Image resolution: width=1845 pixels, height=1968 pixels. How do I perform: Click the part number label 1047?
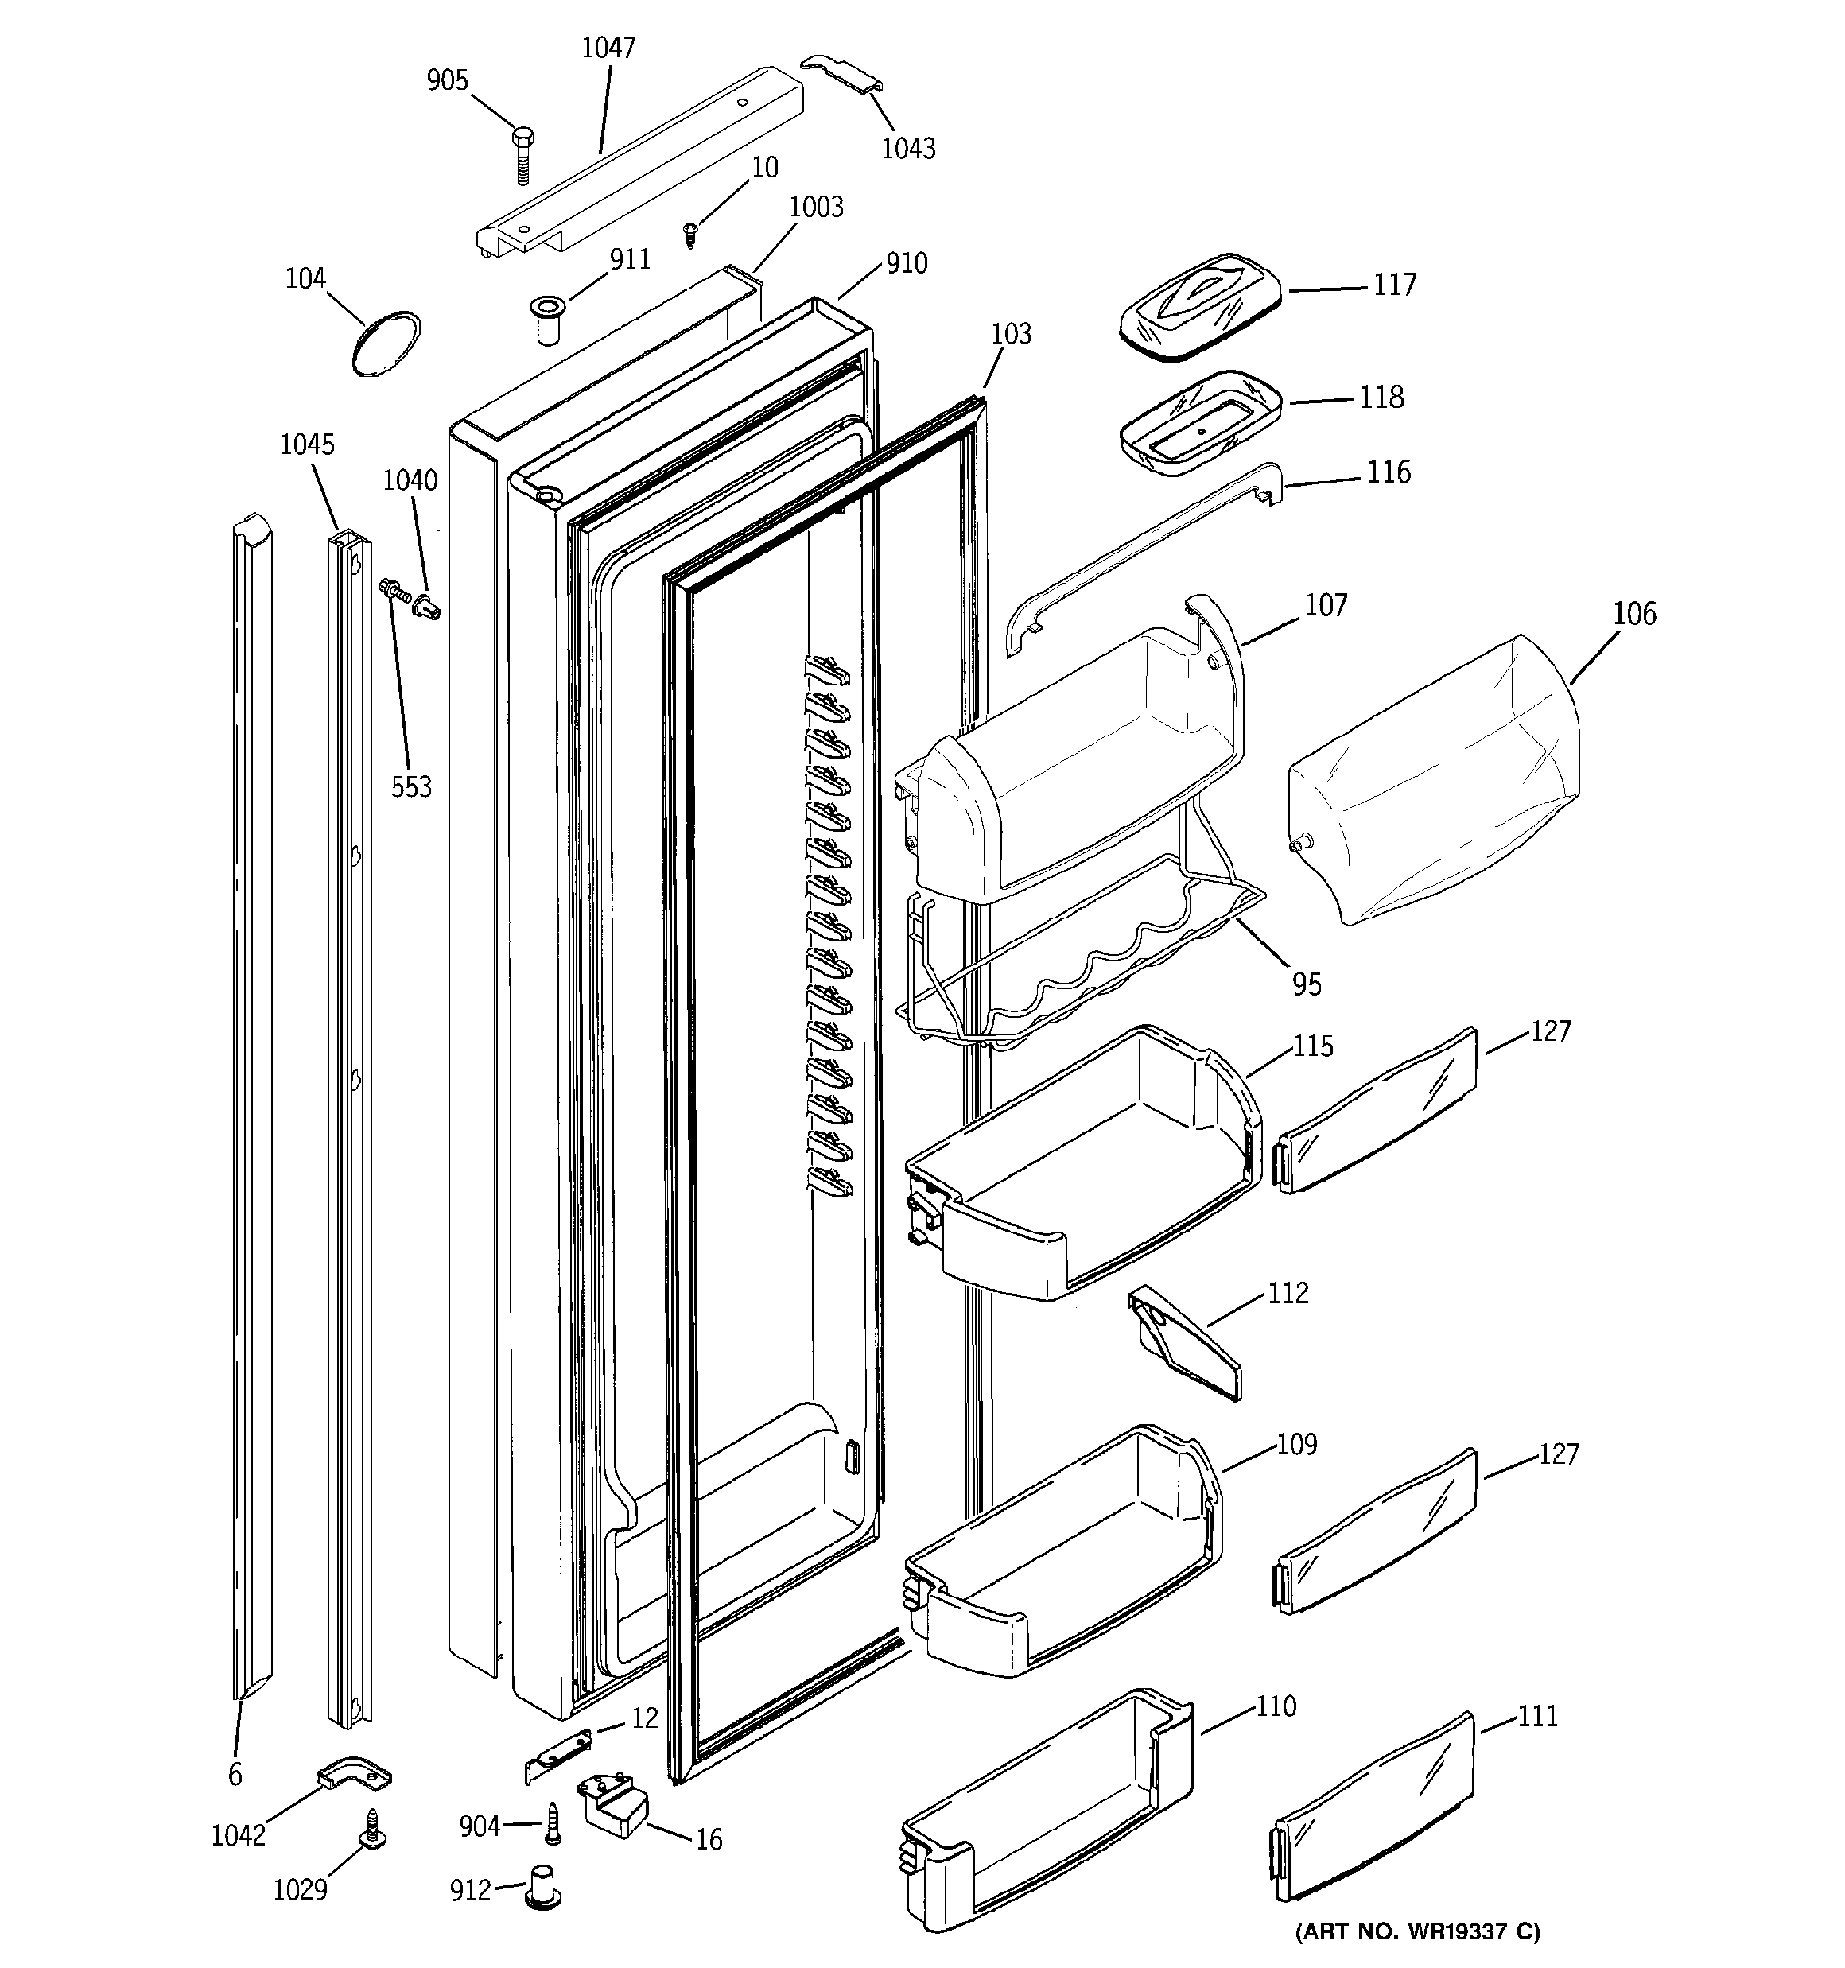(608, 48)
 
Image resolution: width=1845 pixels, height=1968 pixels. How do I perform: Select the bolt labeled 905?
(522, 154)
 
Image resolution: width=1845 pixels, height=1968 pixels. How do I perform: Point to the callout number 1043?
(908, 149)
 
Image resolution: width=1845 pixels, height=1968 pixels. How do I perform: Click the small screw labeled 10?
(691, 234)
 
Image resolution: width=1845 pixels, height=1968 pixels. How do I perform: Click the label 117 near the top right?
(1394, 285)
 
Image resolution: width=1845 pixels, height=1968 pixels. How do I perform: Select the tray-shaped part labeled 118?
(1199, 423)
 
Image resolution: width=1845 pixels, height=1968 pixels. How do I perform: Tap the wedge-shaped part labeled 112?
(1183, 1342)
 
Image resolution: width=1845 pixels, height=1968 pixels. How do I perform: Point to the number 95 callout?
(1307, 984)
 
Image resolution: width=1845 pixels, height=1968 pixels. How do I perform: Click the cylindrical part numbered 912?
(542, 1886)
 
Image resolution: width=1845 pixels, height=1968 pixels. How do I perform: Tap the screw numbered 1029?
(373, 1828)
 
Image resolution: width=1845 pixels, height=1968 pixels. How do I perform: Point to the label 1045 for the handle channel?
(307, 444)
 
